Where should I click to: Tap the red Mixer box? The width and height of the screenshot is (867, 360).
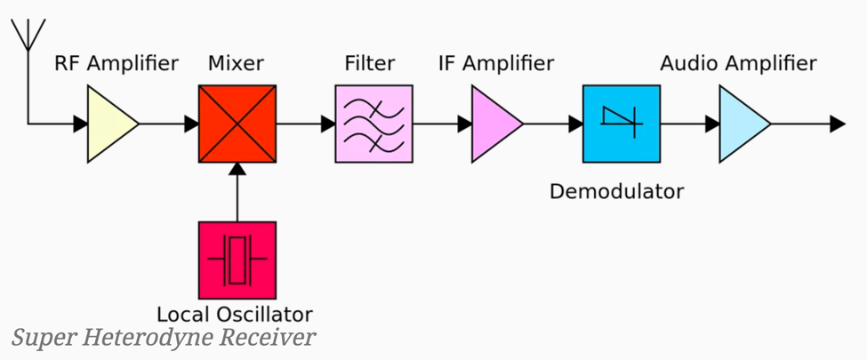pos(237,124)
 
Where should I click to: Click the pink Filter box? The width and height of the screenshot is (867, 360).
pos(373,124)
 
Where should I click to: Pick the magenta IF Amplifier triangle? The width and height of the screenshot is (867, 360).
pos(492,124)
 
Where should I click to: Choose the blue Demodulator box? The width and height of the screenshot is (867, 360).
pos(621,124)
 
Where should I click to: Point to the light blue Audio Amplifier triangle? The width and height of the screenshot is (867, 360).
pos(740,124)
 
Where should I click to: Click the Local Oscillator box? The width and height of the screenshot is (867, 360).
pos(237,260)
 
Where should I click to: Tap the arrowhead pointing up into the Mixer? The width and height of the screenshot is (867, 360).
pos(237,170)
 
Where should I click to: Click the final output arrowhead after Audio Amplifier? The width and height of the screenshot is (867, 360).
pos(837,124)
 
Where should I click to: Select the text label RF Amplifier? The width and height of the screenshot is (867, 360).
pos(116,64)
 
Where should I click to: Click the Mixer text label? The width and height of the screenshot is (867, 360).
pos(236,64)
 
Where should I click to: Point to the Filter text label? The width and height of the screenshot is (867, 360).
pos(370,64)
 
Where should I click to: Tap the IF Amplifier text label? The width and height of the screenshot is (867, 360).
pos(496,64)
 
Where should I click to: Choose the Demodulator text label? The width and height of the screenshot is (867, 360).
pos(616,191)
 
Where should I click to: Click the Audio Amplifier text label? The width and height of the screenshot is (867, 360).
pos(738,64)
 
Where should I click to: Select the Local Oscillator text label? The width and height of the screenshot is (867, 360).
pos(235,314)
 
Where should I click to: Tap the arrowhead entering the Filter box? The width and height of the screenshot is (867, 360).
pos(328,124)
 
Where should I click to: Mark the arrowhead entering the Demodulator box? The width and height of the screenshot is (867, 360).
pos(575,124)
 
